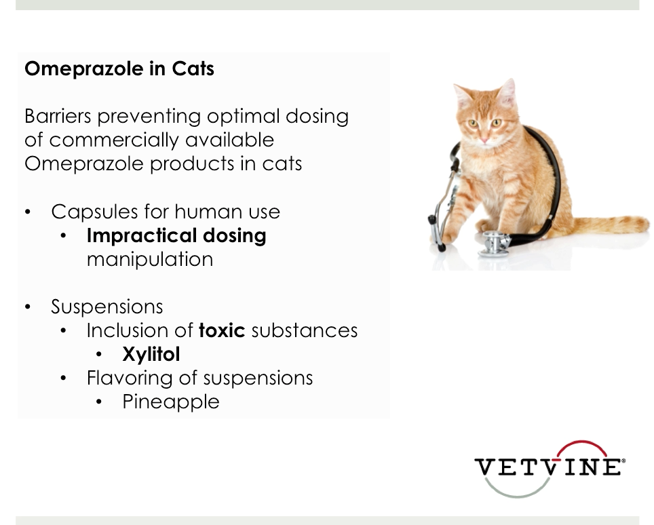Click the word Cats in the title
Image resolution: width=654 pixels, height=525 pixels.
[193, 69]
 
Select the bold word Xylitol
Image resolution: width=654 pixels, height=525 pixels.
[151, 355]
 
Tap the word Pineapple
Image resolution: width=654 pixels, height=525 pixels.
[170, 402]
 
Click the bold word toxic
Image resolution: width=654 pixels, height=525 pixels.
[222, 331]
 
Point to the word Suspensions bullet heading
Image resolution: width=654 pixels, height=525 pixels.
[107, 307]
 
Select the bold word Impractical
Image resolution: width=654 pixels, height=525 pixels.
[142, 236]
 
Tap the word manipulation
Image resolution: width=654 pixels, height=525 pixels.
[150, 260]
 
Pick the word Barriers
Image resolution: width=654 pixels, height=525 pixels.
[58, 117]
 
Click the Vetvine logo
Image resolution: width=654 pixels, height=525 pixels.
[550, 468]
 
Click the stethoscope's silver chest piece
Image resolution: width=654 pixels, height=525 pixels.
[495, 244]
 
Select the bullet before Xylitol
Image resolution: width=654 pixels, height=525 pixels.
[99, 355]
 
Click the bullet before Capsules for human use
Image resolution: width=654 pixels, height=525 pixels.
[28, 212]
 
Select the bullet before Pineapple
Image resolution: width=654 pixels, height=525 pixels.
[99, 402]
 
